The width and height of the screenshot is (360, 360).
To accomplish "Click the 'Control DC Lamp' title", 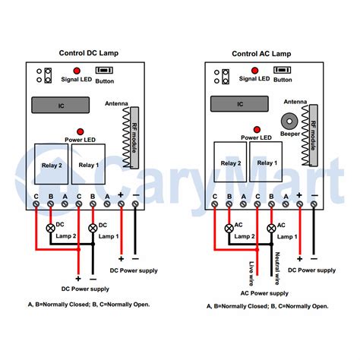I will [x=89, y=53].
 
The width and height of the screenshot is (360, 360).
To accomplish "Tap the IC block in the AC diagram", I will [x=239, y=105].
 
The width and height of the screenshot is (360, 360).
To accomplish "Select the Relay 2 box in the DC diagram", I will [x=50, y=163].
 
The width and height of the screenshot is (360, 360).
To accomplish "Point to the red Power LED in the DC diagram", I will [x=80, y=131].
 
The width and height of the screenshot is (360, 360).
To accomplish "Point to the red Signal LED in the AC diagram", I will [x=254, y=69].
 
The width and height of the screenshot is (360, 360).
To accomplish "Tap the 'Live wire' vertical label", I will [x=250, y=267].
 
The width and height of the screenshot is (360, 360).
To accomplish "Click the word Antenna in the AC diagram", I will [x=295, y=101].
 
